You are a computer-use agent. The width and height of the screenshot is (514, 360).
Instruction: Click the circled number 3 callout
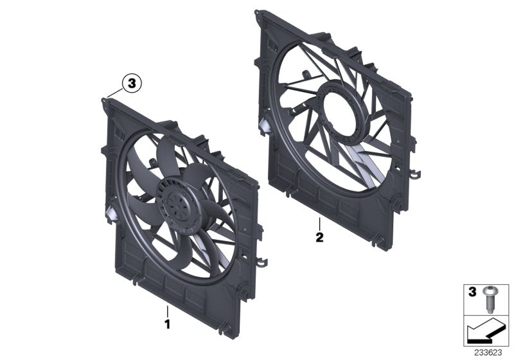[x=131, y=82]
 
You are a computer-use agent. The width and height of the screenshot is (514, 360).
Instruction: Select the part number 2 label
[x=319, y=236]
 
